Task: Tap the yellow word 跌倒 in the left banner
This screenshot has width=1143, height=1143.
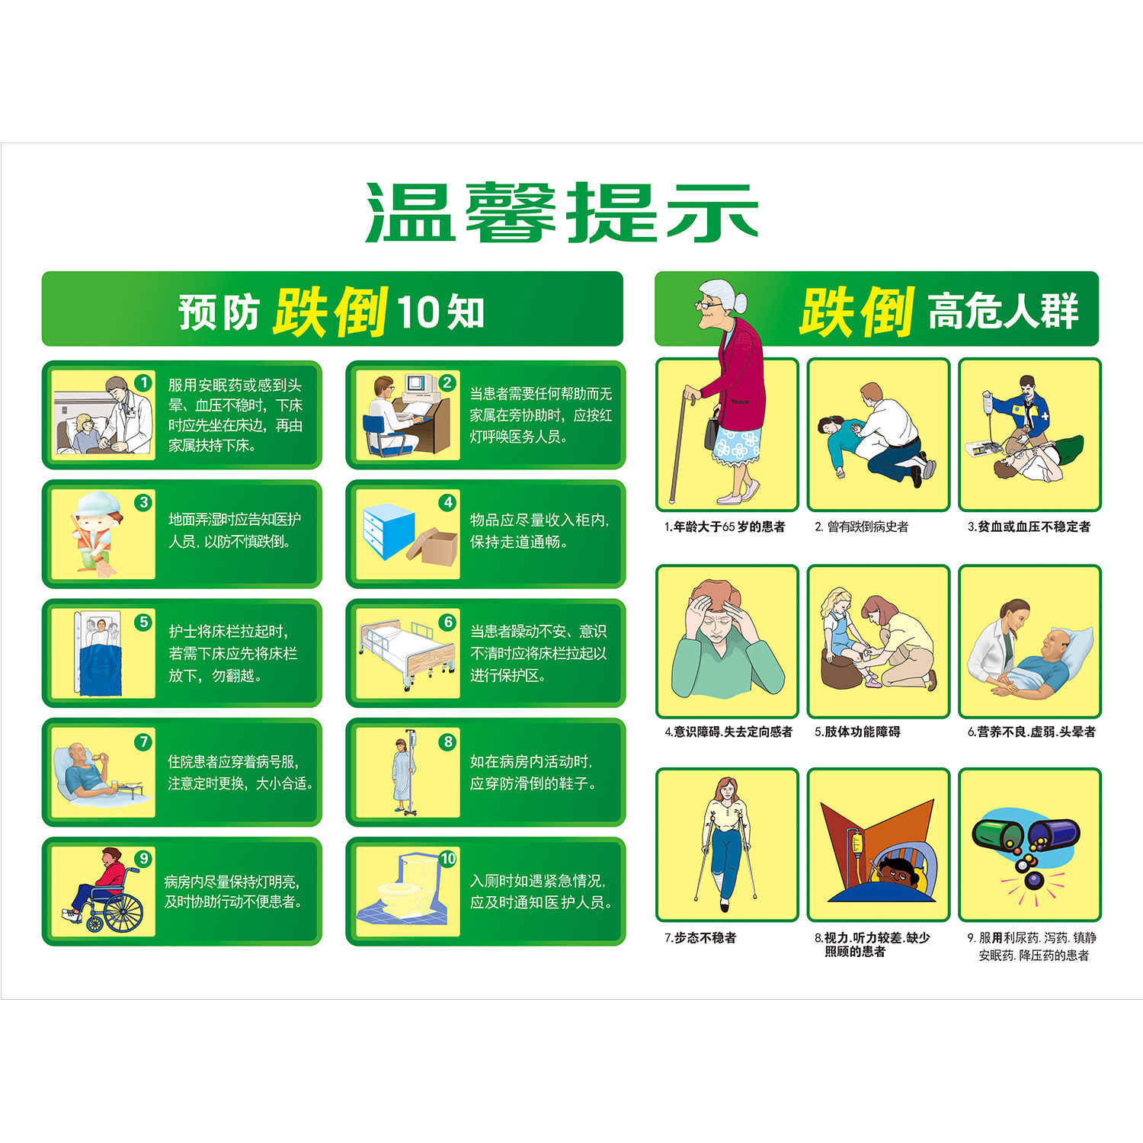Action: [x=331, y=312]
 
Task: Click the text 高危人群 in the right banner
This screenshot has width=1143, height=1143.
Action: [x=1003, y=311]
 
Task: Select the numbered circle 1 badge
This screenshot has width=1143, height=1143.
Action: [x=143, y=383]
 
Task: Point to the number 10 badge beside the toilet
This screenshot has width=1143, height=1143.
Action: [x=447, y=859]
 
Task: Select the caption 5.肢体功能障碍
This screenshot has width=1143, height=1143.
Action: [x=857, y=732]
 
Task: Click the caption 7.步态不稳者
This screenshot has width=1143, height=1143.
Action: [x=700, y=938]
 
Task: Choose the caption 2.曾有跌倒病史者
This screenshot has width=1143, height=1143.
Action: [x=862, y=527]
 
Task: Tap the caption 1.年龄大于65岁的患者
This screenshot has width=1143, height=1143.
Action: [x=725, y=527]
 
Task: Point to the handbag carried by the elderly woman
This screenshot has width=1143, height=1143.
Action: [x=711, y=431]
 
